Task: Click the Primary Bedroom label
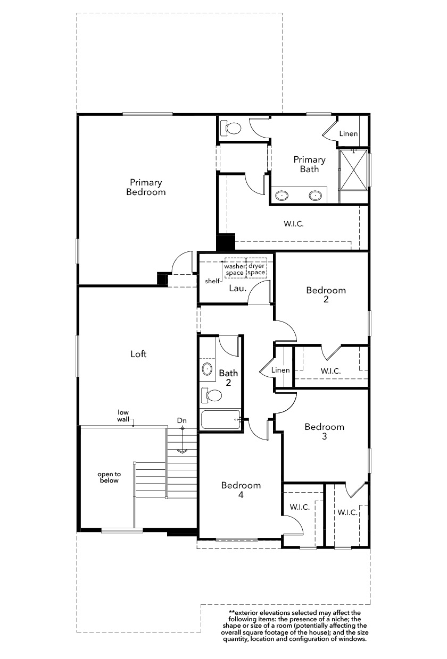coord(146,187)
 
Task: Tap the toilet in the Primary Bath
coord(231,128)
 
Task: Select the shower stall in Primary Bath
coord(353,170)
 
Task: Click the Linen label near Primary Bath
coord(349,133)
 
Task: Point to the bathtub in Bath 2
coord(220,419)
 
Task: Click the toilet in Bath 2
coord(211,395)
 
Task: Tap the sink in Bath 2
coord(207,368)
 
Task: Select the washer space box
coord(235,268)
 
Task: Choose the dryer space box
coord(256,268)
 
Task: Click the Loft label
coord(138,354)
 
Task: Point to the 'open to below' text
coord(109,477)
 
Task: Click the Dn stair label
coord(182,421)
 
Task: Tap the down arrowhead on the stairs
coord(183,451)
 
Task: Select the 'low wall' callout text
coord(123,416)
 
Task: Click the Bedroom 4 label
coord(241,490)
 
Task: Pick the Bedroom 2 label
coord(326,295)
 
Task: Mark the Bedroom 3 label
coord(325,432)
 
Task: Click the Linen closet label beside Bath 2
coord(280,370)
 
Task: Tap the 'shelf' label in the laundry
coord(212,281)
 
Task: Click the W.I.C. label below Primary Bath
coord(294,224)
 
